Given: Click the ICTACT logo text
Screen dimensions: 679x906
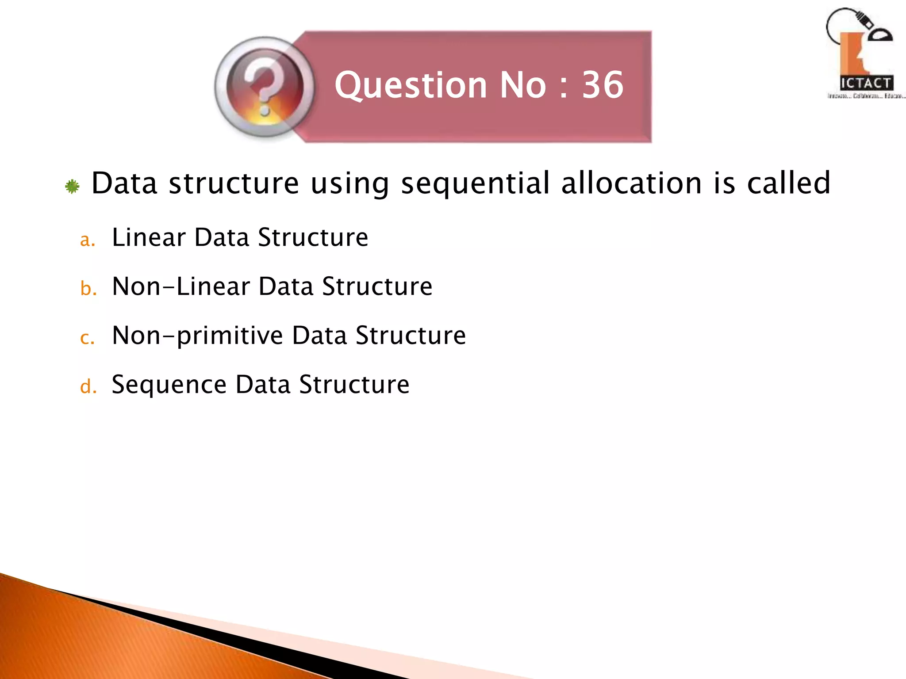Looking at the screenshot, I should [866, 83].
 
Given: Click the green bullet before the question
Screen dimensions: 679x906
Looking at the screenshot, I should [72, 187].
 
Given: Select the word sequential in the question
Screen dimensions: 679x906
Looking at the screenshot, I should [475, 183].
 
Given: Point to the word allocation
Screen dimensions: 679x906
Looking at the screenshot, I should [631, 183].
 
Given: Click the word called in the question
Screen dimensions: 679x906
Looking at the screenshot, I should [788, 183].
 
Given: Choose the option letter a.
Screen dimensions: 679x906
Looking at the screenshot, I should [87, 240].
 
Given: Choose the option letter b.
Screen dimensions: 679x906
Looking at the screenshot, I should [88, 289].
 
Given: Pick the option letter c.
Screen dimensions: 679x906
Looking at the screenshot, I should [87, 338].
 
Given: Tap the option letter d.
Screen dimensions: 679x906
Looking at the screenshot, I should [88, 387].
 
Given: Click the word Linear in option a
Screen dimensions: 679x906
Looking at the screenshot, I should [149, 237].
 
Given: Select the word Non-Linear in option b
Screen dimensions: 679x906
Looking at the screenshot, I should [181, 286].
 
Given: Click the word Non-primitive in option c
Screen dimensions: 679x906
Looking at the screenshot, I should [197, 336].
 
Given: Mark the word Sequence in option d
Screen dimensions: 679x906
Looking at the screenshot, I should [169, 385].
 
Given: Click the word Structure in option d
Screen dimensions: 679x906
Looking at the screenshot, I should [354, 385].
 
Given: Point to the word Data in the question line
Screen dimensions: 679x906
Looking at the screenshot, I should [124, 183].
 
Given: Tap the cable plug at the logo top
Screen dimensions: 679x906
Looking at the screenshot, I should [862, 22].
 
